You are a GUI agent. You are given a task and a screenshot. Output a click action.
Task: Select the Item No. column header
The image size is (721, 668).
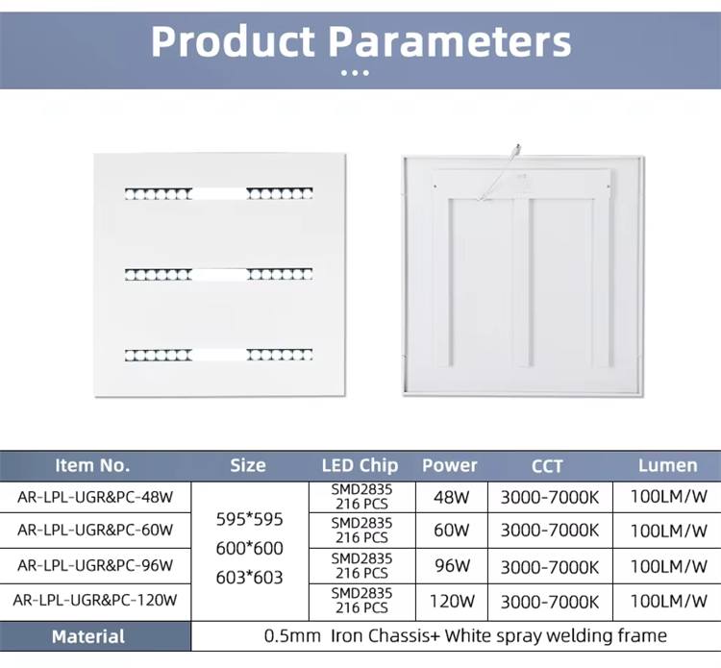click(92, 465)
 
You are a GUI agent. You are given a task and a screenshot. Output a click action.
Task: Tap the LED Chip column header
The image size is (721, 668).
click(360, 465)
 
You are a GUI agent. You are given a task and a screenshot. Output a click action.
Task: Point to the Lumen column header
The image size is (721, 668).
click(667, 465)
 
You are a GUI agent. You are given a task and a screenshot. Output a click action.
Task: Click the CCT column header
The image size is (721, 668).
click(547, 466)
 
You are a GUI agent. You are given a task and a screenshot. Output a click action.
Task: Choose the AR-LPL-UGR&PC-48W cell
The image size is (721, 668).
click(95, 497)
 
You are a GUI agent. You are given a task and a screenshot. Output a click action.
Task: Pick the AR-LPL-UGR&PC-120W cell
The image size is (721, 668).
click(95, 601)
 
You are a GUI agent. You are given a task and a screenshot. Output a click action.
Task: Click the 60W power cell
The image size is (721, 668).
click(450, 531)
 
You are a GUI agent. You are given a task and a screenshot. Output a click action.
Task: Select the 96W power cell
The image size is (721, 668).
click(450, 565)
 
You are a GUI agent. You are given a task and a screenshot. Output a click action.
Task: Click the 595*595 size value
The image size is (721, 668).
click(250, 519)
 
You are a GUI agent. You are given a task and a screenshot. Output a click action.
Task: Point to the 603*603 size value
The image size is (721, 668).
click(250, 577)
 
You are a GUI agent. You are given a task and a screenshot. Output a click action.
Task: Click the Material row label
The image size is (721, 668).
click(88, 636)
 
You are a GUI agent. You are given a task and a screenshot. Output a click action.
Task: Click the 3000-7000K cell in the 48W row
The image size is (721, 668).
click(549, 498)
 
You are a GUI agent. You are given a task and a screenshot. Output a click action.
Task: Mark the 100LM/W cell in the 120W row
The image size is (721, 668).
click(668, 602)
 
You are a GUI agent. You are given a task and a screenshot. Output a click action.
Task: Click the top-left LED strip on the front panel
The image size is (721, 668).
click(158, 193)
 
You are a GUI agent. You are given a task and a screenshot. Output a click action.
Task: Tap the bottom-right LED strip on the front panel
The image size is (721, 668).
click(280, 355)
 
